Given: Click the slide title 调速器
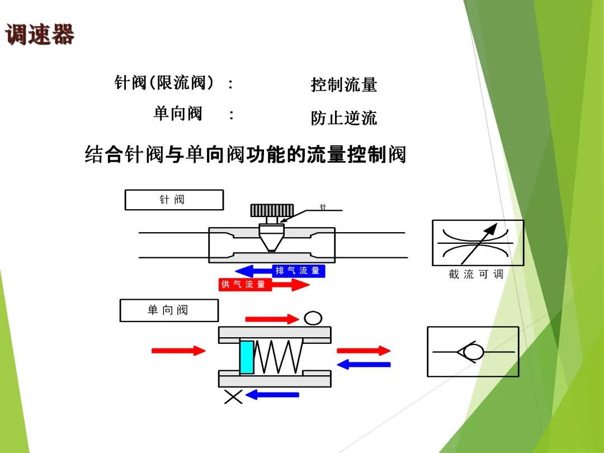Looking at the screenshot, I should click(40, 35).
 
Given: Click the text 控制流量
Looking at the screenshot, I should click(344, 85).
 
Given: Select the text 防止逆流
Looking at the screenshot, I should click(344, 118).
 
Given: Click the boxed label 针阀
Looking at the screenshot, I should click(173, 200).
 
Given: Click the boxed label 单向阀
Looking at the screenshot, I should click(168, 310).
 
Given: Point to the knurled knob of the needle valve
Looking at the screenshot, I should click(272, 210).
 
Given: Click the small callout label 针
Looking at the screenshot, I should click(323, 207).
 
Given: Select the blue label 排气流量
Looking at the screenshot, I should click(298, 271).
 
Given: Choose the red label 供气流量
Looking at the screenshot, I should click(244, 285).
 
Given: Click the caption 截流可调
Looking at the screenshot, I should click(476, 275).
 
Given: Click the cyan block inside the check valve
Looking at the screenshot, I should click(247, 357).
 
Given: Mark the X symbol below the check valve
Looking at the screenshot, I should click(233, 397).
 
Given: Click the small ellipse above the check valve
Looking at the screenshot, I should click(313, 318).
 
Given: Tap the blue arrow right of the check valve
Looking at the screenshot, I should click(364, 365).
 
